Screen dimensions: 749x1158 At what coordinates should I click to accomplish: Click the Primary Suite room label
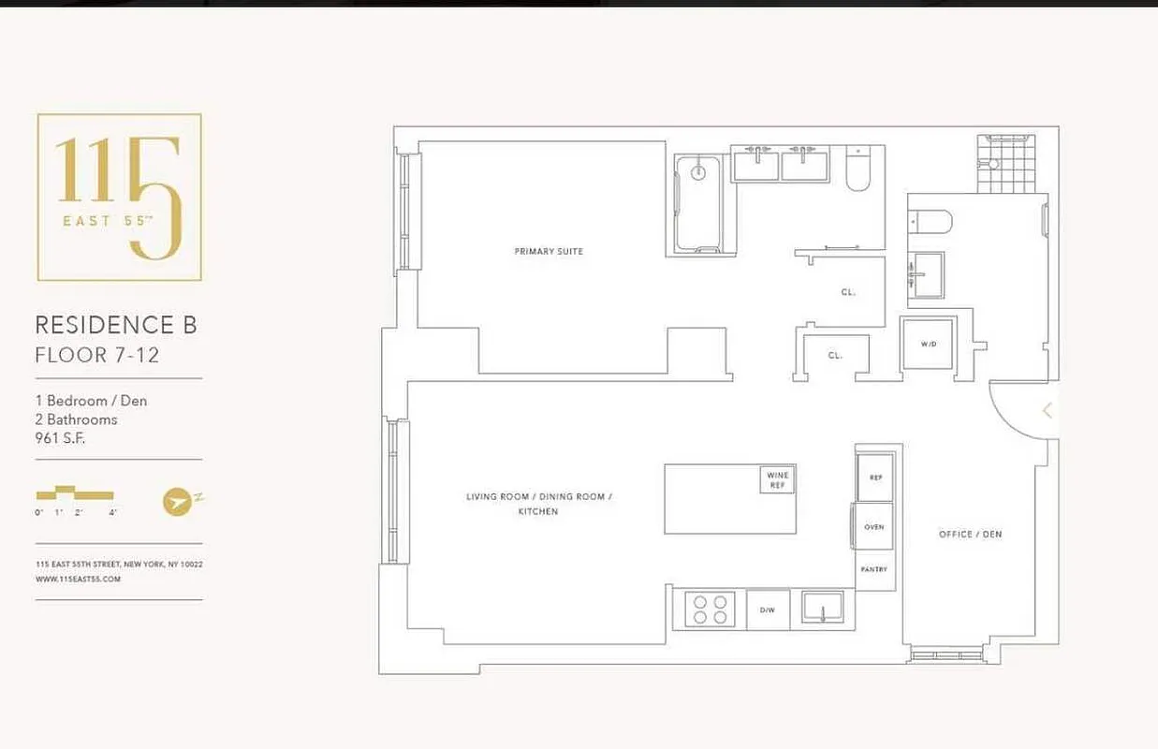(x=549, y=251)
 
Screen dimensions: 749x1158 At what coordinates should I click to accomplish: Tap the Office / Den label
(x=970, y=534)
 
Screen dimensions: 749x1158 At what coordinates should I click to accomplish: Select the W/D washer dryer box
(x=928, y=344)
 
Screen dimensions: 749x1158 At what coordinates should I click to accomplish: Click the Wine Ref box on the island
(x=778, y=479)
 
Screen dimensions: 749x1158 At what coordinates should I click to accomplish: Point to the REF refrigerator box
(x=876, y=477)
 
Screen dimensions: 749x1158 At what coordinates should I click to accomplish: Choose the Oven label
(x=874, y=527)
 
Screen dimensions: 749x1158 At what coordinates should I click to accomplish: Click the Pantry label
(x=873, y=569)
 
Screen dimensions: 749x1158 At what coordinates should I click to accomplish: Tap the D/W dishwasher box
(x=768, y=609)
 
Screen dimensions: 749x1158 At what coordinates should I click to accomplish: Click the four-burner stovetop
(x=707, y=609)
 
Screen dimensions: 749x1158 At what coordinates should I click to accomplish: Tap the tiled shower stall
(x=1006, y=164)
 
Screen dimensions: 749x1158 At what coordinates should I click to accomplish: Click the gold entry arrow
(x=1048, y=410)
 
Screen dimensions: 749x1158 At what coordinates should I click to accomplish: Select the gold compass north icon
(x=178, y=501)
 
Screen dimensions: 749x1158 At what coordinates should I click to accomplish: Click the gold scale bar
(x=75, y=493)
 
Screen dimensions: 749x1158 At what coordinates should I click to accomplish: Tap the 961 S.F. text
(x=60, y=437)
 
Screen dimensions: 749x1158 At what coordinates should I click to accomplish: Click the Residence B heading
(x=116, y=325)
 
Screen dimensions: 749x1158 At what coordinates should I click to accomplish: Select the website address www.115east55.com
(x=79, y=580)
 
